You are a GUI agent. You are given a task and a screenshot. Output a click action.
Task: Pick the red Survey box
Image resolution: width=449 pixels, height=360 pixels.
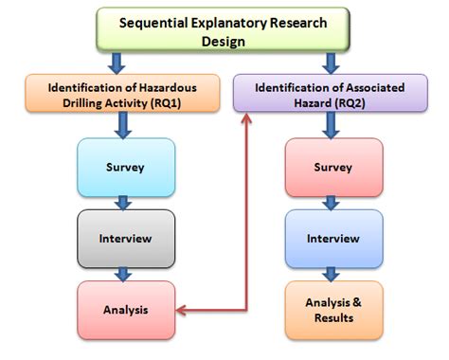tap(333, 167)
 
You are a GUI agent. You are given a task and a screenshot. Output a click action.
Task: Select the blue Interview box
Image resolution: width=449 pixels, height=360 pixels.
tap(333, 238)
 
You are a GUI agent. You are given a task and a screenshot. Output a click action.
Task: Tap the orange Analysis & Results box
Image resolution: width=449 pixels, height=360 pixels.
tap(333, 310)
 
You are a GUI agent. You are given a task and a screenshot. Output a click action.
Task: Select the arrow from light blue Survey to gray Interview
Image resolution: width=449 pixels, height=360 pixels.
tap(121, 202)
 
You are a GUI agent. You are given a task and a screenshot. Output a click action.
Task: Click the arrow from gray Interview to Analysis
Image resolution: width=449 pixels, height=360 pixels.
tap(121, 273)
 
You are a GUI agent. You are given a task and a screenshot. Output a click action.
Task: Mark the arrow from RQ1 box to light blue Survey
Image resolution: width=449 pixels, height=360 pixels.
tap(121, 125)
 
